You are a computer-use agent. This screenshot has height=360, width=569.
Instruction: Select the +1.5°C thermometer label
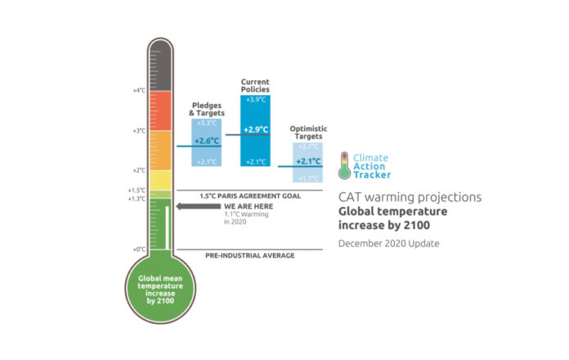[136, 190]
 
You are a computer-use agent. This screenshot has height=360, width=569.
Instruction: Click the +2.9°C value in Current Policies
[255, 130]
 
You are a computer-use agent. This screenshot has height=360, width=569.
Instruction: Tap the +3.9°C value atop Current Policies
[255, 100]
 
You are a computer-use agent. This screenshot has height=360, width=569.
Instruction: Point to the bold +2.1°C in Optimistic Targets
[308, 161]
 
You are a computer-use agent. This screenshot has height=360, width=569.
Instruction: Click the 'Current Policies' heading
[255, 85]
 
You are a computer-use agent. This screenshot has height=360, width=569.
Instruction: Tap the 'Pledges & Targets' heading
[205, 109]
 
